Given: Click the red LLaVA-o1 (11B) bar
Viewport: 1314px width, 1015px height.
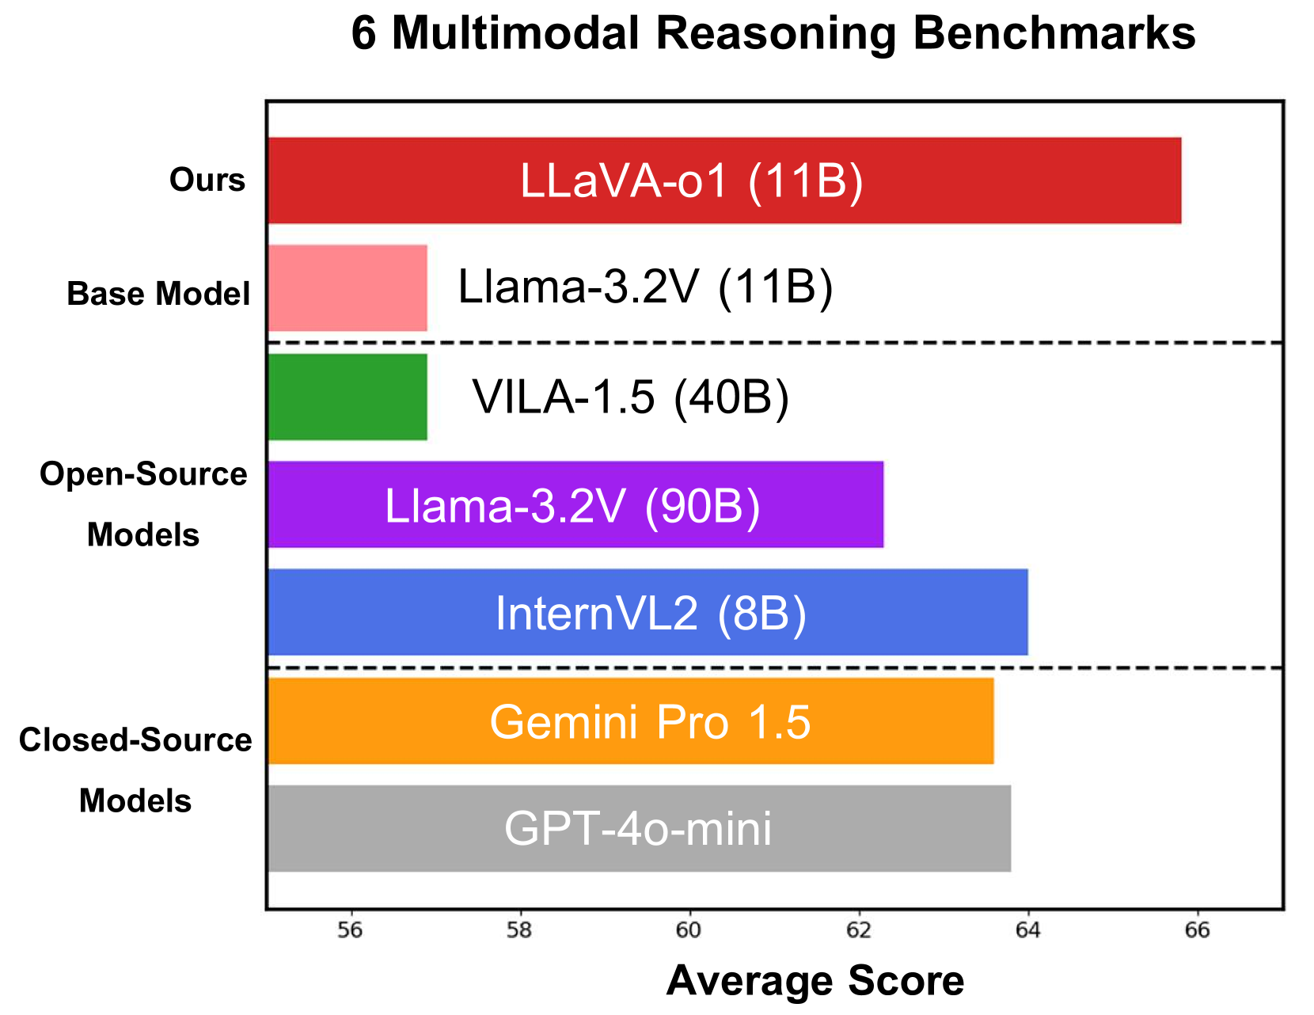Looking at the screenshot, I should pyautogui.click(x=723, y=181).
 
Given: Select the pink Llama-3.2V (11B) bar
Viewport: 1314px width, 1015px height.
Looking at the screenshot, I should pyautogui.click(x=347, y=288).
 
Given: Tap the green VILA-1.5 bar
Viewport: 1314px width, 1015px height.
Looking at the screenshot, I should pyautogui.click(x=347, y=397).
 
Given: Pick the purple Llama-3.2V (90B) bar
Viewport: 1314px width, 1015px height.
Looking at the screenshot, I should pyautogui.click(x=575, y=504).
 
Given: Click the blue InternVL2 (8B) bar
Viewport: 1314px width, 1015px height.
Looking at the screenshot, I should pyautogui.click(x=648, y=612).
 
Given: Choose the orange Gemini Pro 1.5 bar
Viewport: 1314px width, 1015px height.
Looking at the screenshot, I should pyautogui.click(x=630, y=720).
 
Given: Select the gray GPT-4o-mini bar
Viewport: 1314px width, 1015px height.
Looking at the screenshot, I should pyautogui.click(x=639, y=828).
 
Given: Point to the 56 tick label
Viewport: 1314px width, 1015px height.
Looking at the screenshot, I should pyautogui.click(x=350, y=930).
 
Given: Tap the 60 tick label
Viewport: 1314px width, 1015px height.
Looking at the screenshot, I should pyautogui.click(x=689, y=930).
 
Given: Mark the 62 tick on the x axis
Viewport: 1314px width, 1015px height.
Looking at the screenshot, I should pyautogui.click(x=859, y=930).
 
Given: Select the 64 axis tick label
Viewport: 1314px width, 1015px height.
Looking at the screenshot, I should pyautogui.click(x=1028, y=930).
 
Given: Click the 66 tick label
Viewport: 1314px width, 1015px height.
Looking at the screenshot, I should pyautogui.click(x=1198, y=930).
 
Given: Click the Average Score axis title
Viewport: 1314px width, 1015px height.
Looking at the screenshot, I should pyautogui.click(x=815, y=981).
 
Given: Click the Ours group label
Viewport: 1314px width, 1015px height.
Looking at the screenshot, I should pyautogui.click(x=207, y=181).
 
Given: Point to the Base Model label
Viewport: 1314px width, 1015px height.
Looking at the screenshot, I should pyautogui.click(x=158, y=294).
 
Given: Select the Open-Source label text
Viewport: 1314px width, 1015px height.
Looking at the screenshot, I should pyautogui.click(x=143, y=474).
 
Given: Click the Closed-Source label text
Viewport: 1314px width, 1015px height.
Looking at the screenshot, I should pyautogui.click(x=135, y=740).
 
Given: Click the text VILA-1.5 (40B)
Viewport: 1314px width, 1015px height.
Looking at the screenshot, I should pyautogui.click(x=631, y=397).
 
